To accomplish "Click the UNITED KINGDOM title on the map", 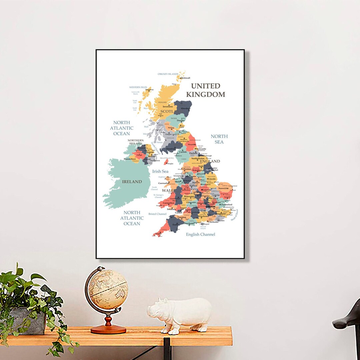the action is [205, 90].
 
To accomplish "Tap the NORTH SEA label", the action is [219, 139].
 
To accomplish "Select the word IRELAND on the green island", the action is [132, 182].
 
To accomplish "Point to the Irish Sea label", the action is [160, 171].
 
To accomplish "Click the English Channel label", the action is [200, 234].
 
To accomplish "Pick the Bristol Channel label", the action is [157, 214].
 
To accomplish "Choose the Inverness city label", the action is [168, 107].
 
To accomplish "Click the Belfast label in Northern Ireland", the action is [152, 156].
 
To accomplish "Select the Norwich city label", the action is [223, 188].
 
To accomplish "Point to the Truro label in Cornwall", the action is [158, 234].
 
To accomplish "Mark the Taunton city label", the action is [182, 217].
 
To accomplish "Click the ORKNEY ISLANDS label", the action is [168, 74].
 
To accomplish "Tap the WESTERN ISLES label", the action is [138, 87].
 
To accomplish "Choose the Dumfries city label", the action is [171, 149].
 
